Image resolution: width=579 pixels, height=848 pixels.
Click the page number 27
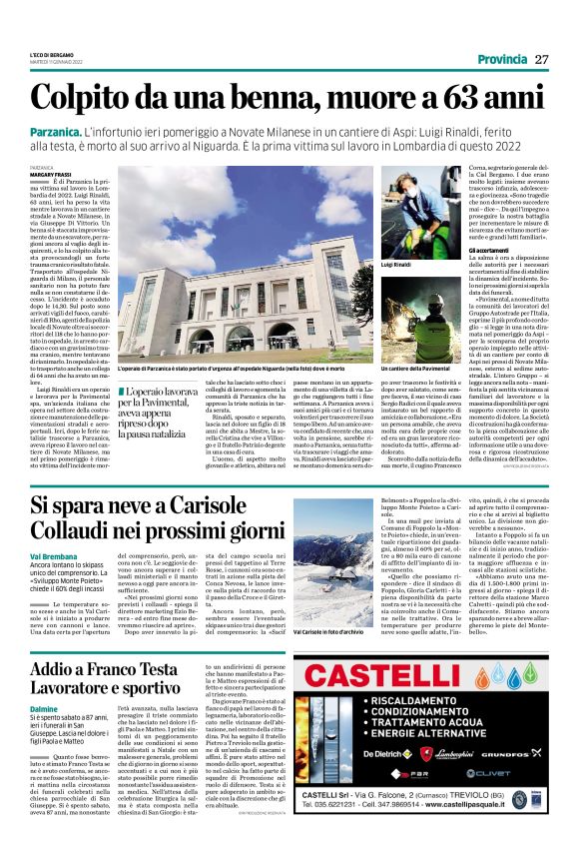541,59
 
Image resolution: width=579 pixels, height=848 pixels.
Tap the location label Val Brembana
51,554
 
